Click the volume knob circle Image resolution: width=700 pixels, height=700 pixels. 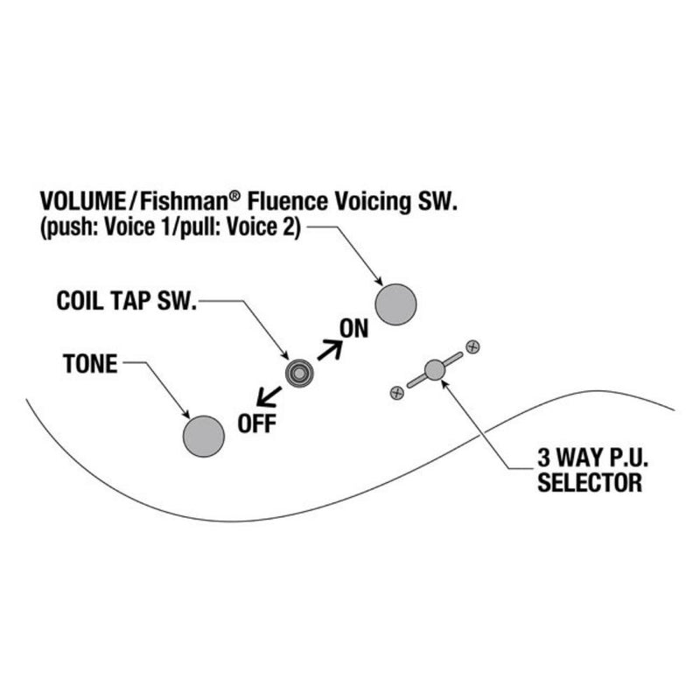pos(395,304)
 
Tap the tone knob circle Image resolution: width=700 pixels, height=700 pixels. pos(204,436)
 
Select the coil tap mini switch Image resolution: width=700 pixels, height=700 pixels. pos(299,373)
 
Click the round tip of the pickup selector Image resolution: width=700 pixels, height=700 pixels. pos(434,369)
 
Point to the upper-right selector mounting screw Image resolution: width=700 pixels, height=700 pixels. pos(472,346)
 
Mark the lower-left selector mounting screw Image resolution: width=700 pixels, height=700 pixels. pos(397,393)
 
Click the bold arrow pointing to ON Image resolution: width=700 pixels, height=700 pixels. pos(330,349)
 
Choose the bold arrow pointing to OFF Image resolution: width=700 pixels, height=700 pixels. pos(269,396)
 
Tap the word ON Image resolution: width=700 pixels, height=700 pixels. pos(354,329)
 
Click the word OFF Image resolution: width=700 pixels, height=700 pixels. pos(256,423)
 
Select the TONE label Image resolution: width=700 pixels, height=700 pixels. pos(90,364)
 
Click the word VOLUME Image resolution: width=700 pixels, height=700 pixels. pos(83,201)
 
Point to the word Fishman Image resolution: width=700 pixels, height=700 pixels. pos(184,201)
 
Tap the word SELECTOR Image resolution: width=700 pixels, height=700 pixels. pos(590,483)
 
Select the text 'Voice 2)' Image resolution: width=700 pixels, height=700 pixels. pos(264,227)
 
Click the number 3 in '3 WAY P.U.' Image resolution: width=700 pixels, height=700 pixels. pos(543,458)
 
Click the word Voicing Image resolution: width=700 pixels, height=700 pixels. pos(373,202)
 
